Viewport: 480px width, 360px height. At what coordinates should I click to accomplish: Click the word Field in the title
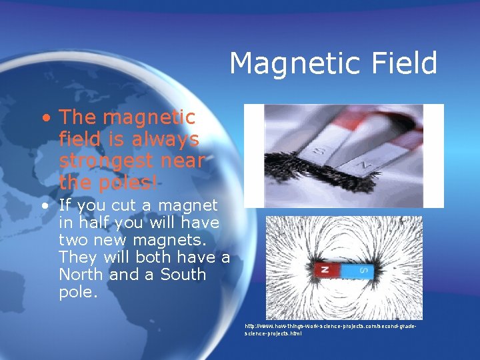pyautogui.click(x=407, y=63)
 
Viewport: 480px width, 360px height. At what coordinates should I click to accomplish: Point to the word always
pyautogui.click(x=164, y=139)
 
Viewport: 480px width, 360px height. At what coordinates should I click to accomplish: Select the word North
pyautogui.click(x=80, y=274)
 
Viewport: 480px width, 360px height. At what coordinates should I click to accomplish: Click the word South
pyautogui.click(x=183, y=274)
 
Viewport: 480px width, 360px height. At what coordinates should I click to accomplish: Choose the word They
pyautogui.click(x=75, y=257)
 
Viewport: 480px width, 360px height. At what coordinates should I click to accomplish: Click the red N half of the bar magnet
pyautogui.click(x=325, y=271)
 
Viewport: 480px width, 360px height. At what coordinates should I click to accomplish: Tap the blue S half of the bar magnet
pyautogui.click(x=361, y=271)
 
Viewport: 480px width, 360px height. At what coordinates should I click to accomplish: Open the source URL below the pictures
pyautogui.click(x=331, y=329)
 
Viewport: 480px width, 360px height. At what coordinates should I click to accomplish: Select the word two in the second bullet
pyautogui.click(x=75, y=239)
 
